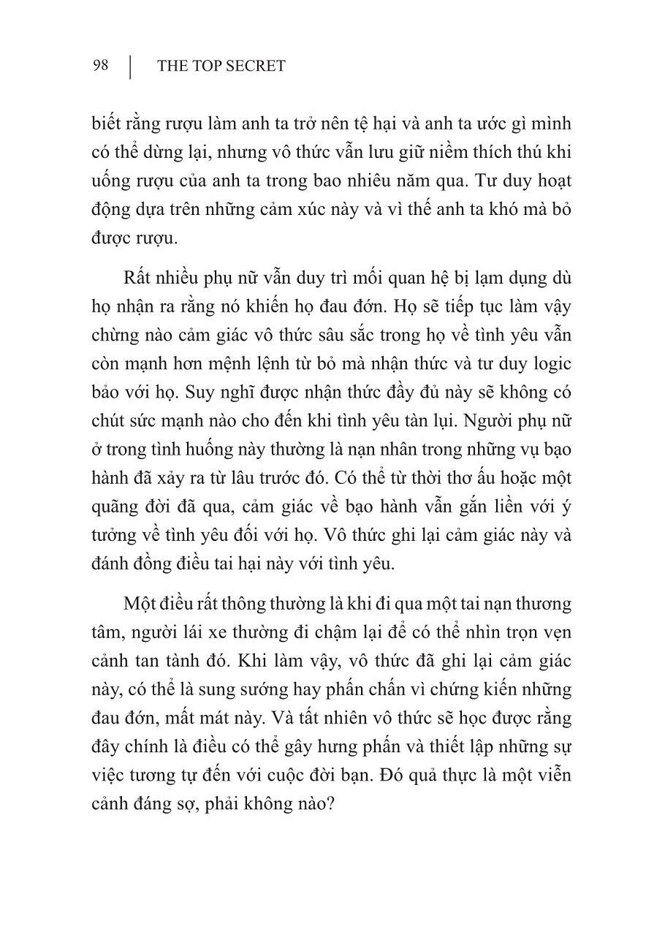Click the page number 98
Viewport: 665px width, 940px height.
click(x=101, y=66)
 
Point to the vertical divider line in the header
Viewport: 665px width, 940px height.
click(x=131, y=67)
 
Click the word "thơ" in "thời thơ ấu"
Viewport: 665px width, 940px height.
click(x=424, y=477)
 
